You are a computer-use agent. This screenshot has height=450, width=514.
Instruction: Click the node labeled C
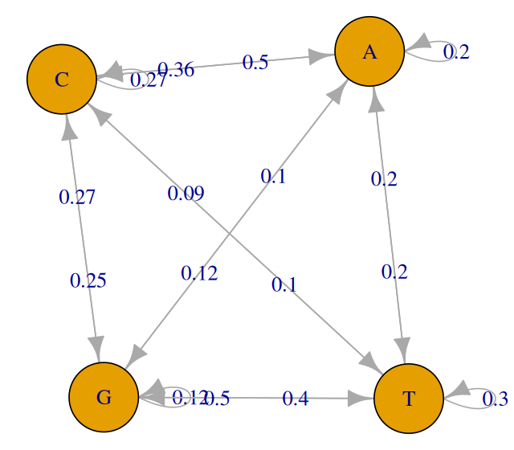[x=62, y=79]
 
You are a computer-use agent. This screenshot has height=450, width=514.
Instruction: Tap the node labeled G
[x=104, y=397]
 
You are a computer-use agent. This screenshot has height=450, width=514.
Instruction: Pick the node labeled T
[x=409, y=399]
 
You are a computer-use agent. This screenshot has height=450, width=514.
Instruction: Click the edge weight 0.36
[x=175, y=69]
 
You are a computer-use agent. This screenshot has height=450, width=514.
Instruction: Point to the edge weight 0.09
[x=186, y=193]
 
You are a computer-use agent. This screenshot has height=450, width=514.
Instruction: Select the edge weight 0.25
[x=88, y=280]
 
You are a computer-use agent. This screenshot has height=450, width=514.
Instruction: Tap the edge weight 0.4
[x=296, y=398]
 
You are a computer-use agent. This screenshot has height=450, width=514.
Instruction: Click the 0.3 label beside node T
[x=495, y=399]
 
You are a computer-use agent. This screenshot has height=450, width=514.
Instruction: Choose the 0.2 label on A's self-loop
[x=456, y=52]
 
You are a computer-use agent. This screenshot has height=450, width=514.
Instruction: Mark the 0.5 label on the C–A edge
[x=255, y=63]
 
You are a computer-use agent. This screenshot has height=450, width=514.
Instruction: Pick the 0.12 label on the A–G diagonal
[x=199, y=273]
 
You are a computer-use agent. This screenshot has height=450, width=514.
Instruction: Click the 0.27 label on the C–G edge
[x=77, y=197]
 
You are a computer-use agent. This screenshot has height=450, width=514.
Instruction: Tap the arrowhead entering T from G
[x=363, y=398]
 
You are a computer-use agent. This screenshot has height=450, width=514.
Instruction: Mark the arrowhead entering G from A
[x=135, y=354]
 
